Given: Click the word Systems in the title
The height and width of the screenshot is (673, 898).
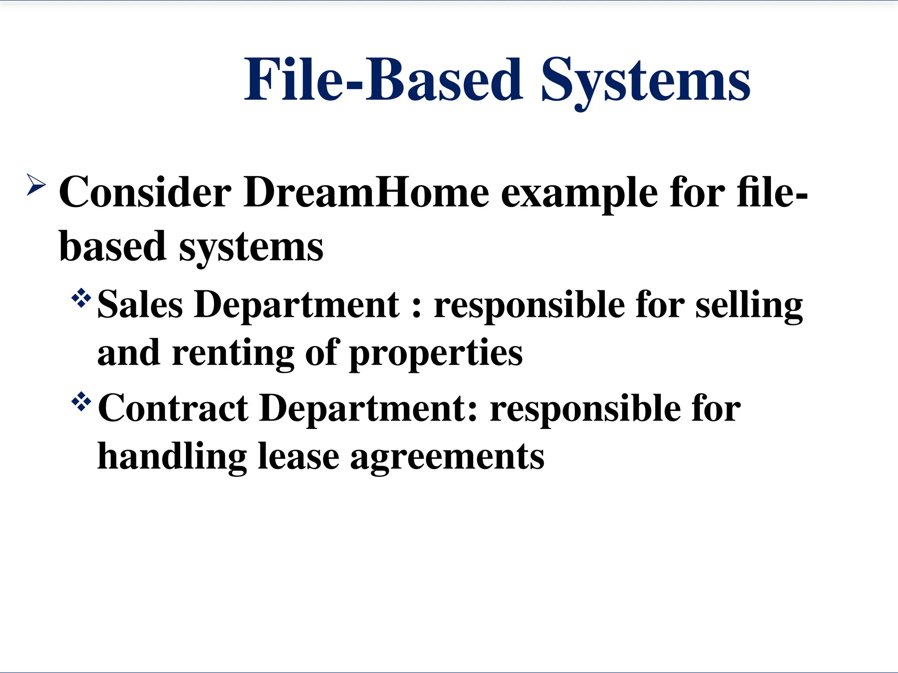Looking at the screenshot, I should point(645,81).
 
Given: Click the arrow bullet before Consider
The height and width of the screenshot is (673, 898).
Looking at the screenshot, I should point(36,184).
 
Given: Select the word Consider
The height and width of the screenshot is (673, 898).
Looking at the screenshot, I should point(145,193).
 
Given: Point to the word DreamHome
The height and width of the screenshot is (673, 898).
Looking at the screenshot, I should point(367,193).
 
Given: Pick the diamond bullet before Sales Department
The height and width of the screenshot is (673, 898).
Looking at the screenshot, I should point(81,299).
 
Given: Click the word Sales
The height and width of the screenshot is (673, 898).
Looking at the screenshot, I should point(140,305).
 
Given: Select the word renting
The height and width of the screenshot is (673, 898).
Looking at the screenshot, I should point(233,353).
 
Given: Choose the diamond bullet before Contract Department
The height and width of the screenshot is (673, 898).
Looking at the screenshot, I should point(81,402).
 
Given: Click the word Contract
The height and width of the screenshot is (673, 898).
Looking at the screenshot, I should point(173,408).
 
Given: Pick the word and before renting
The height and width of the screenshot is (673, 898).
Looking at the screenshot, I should point(128,353).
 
